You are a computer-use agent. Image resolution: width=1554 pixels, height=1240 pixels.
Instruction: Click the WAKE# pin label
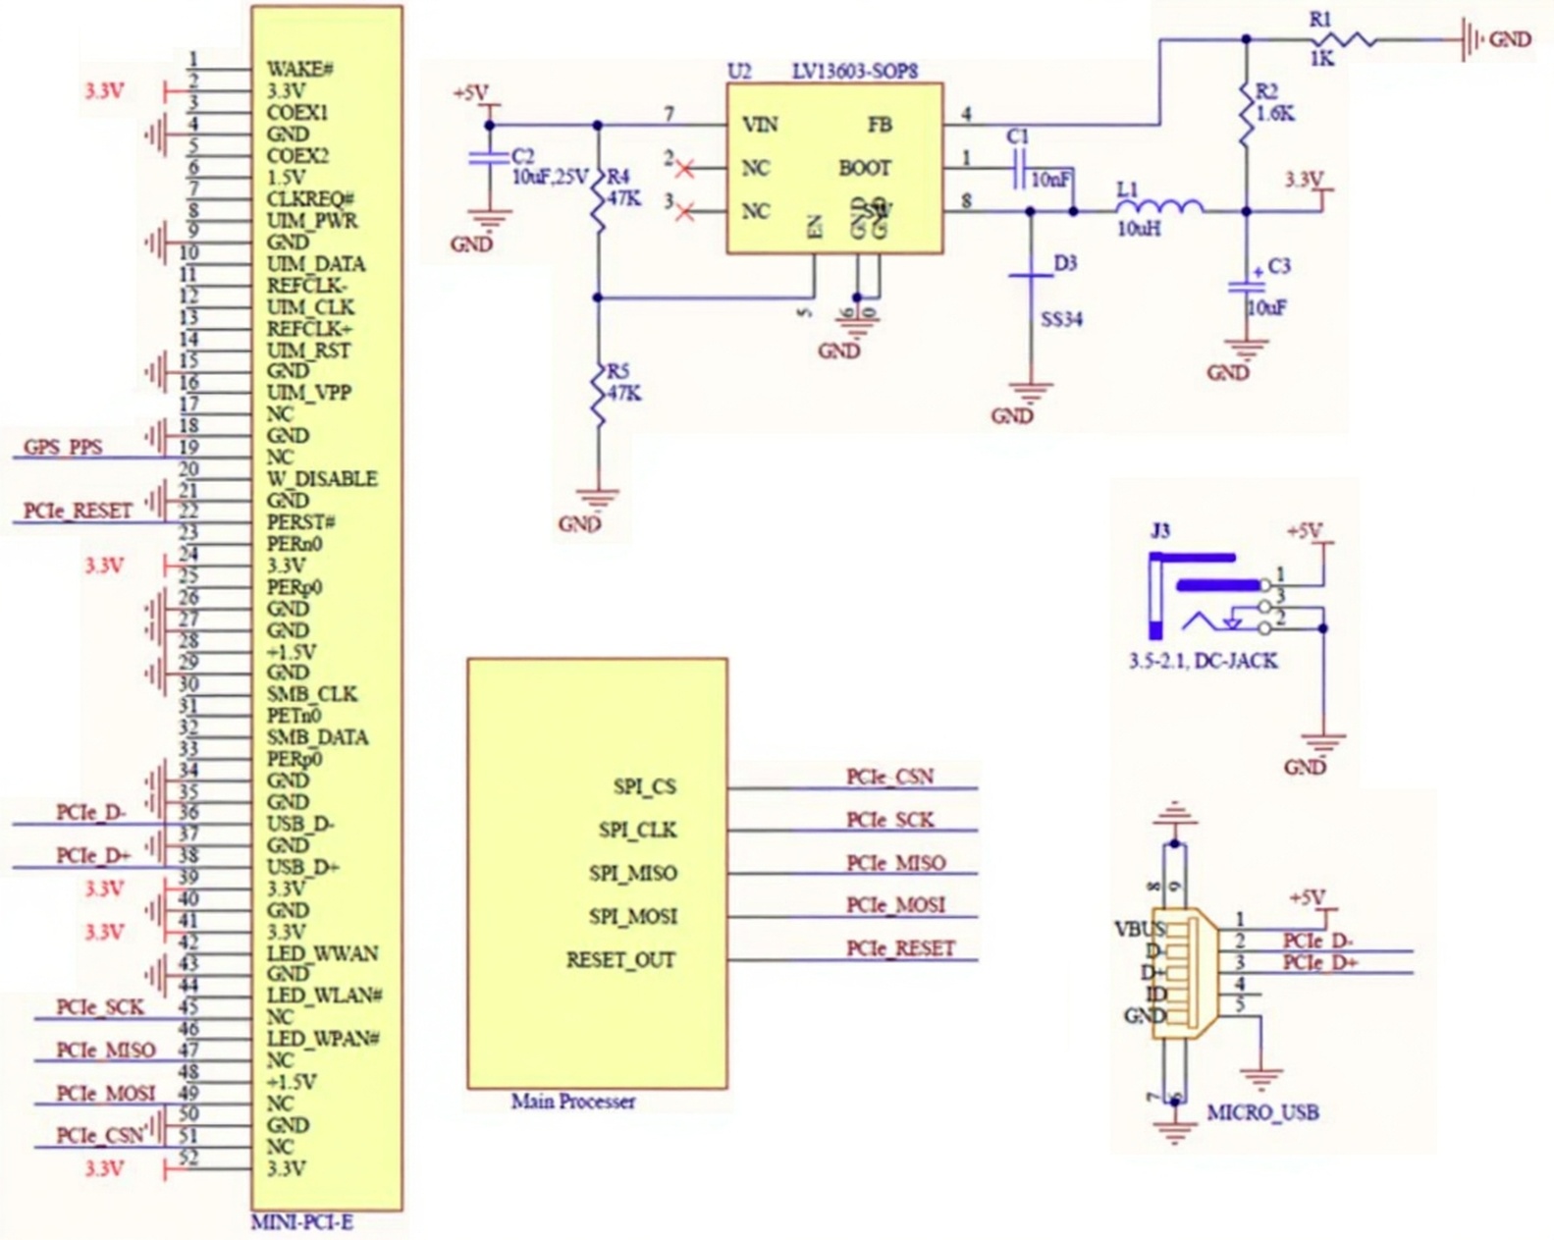point(299,70)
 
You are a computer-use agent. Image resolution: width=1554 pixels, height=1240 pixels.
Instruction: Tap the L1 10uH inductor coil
point(1159,207)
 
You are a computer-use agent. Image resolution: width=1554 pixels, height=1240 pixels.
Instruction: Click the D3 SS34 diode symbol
point(1031,276)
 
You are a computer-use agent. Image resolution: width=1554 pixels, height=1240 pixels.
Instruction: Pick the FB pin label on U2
point(880,126)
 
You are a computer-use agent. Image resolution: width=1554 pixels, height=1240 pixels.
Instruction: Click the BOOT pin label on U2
point(865,169)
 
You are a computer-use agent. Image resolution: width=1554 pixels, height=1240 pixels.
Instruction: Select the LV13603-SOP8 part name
point(854,72)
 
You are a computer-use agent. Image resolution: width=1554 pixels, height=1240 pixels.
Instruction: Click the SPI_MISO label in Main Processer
point(633,873)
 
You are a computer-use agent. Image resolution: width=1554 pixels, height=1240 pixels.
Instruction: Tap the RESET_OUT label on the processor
point(620,959)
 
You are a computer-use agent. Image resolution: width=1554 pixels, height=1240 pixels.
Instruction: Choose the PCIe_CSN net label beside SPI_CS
point(889,777)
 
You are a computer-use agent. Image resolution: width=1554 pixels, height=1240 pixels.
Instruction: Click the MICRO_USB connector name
point(1262,1112)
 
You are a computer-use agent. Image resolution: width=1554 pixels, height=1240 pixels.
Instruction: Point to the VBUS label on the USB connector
point(1140,929)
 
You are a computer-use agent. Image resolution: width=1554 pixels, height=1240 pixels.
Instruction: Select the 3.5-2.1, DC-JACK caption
point(1203,661)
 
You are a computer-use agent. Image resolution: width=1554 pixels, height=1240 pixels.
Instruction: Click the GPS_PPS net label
point(63,447)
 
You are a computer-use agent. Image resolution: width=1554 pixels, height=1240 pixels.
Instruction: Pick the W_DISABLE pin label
point(321,479)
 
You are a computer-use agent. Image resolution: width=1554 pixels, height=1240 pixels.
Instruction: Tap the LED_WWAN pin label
point(322,953)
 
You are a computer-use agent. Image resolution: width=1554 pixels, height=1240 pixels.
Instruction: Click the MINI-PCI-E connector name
point(301,1223)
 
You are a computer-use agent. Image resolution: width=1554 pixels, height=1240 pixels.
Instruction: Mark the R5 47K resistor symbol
point(598,393)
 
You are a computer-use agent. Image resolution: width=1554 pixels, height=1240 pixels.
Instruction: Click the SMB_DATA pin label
point(317,737)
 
